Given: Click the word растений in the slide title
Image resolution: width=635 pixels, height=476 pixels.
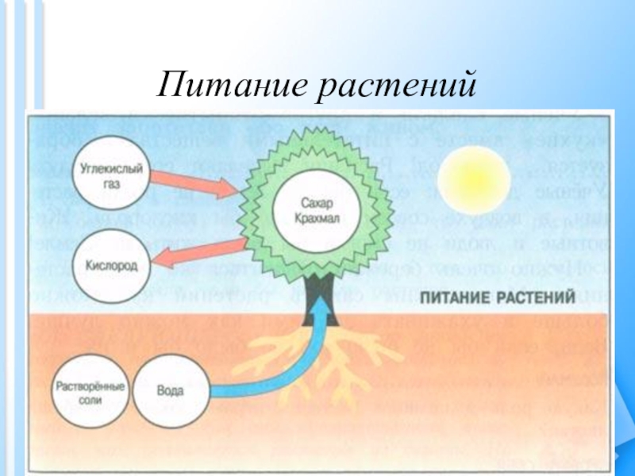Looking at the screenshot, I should point(397,84).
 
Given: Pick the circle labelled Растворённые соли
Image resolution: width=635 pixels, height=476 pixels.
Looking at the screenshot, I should point(87,392).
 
